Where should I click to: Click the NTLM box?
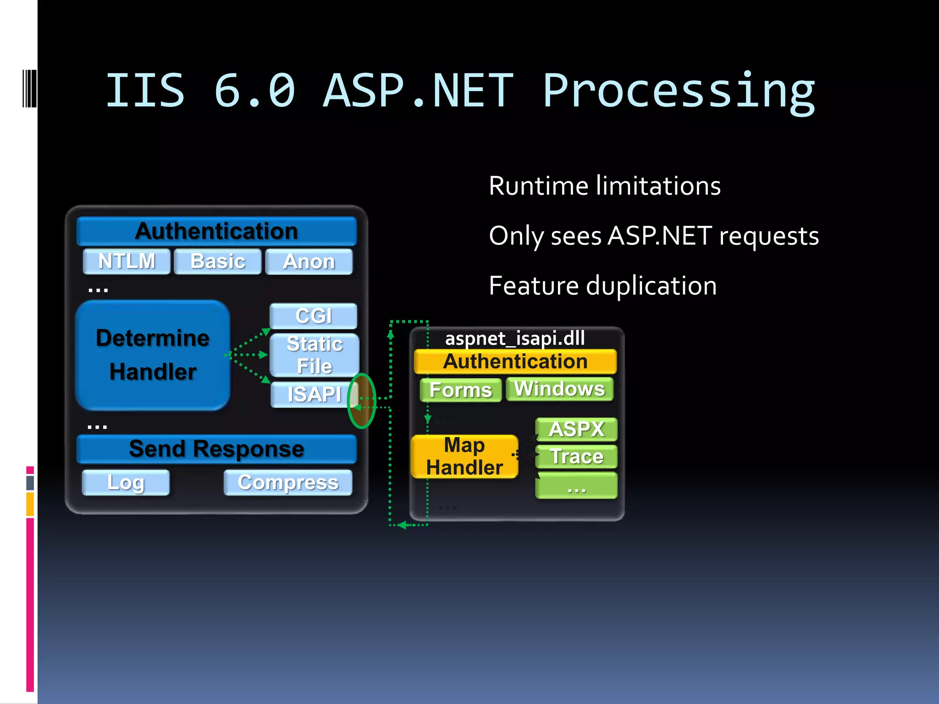pos(127,262)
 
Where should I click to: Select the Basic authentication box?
pos(218,262)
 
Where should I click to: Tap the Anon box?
pos(309,262)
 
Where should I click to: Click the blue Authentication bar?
pos(216,231)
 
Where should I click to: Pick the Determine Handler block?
pos(153,355)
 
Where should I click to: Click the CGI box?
pos(314,316)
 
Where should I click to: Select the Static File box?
pos(315,355)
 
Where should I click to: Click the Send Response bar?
pos(216,449)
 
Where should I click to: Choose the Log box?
pos(126,483)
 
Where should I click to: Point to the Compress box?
pos(288,483)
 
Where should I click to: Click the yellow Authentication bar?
pos(515,362)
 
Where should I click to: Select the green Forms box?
pos(461,390)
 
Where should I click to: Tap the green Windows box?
pos(559,389)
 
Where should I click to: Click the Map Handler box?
pos(464,456)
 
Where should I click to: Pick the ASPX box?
pos(576,429)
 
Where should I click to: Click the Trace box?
pos(576,457)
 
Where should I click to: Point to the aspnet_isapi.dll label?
pos(515,339)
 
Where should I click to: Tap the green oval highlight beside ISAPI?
pos(362,401)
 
